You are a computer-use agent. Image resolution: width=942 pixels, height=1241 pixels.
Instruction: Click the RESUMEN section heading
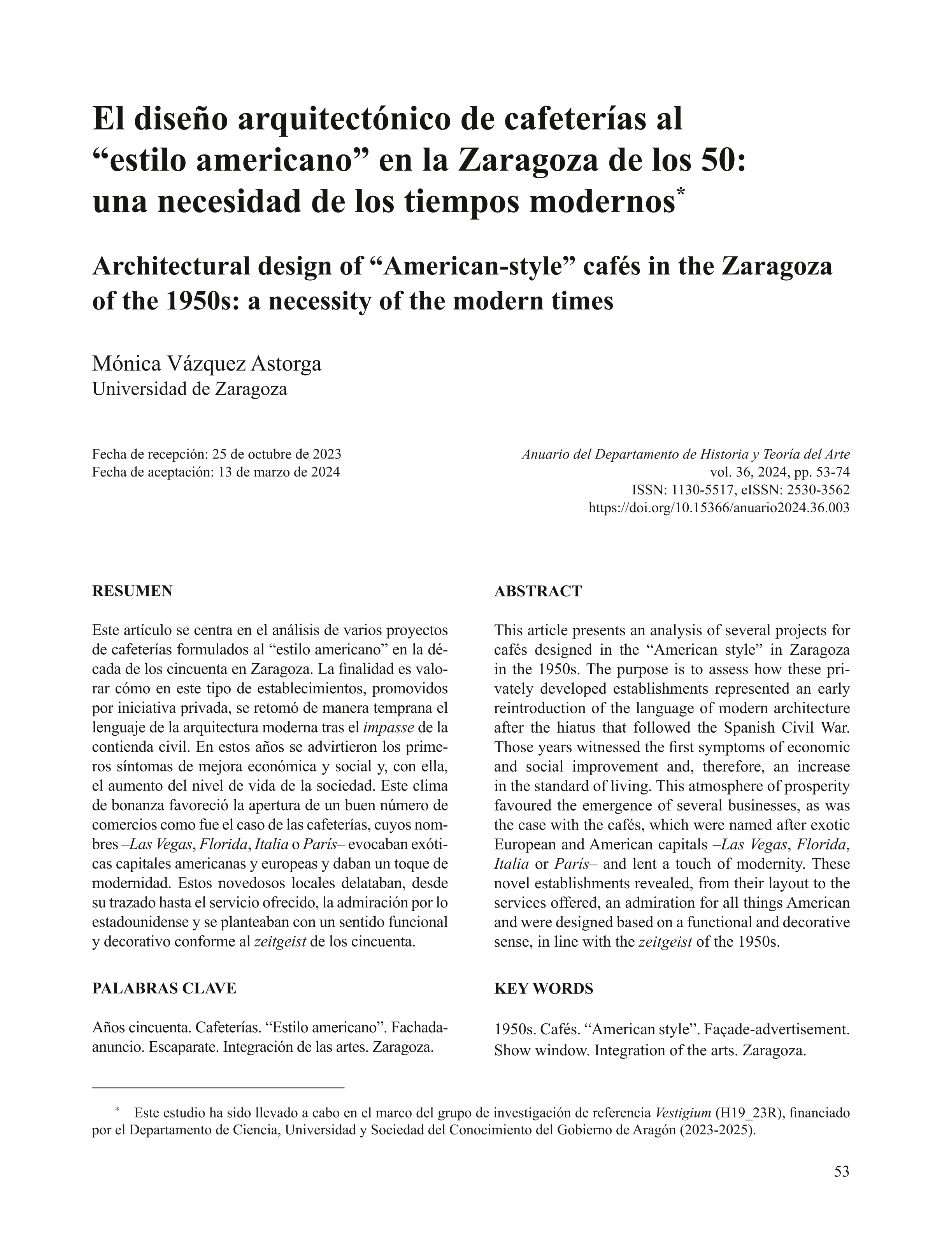[x=132, y=591]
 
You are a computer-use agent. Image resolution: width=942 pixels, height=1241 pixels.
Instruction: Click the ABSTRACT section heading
[x=538, y=591]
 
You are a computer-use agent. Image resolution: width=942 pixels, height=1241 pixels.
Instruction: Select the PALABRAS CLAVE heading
[x=164, y=988]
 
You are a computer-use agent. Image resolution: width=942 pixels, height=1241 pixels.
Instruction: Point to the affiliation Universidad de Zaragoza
[x=189, y=389]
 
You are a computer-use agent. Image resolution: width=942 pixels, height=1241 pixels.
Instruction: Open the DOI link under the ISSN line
[x=719, y=508]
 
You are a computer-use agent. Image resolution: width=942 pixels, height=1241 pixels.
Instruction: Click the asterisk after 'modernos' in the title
[x=681, y=193]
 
